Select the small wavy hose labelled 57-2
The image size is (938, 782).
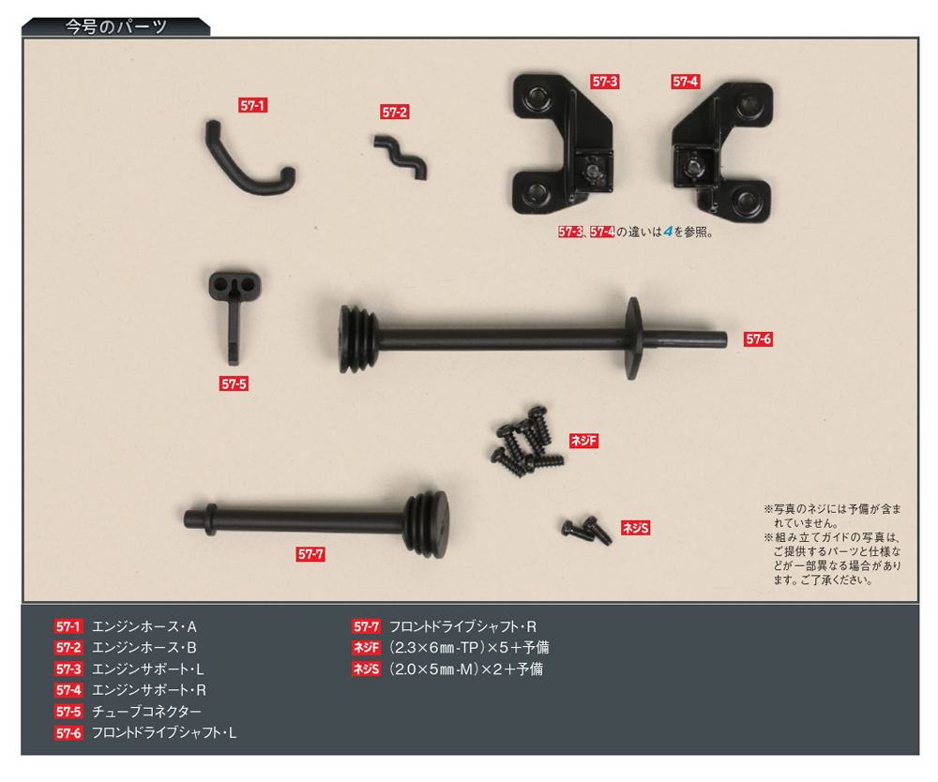click(401, 158)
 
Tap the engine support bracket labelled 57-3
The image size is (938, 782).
click(562, 144)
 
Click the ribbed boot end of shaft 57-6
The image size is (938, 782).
click(358, 339)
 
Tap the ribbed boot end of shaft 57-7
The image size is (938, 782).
click(427, 524)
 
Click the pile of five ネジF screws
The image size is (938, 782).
click(527, 443)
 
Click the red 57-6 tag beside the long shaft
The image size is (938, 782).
click(758, 339)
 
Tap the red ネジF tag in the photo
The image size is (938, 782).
click(583, 441)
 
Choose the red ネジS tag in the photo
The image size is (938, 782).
click(635, 528)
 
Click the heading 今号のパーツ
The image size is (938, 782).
click(116, 27)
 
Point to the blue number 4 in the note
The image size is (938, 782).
click(668, 232)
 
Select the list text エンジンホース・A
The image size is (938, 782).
click(144, 626)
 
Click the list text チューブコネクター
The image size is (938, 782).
click(146, 712)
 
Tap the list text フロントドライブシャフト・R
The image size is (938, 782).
click(462, 626)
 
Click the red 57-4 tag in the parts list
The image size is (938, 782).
click(68, 690)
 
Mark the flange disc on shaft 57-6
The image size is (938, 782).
click(632, 338)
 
